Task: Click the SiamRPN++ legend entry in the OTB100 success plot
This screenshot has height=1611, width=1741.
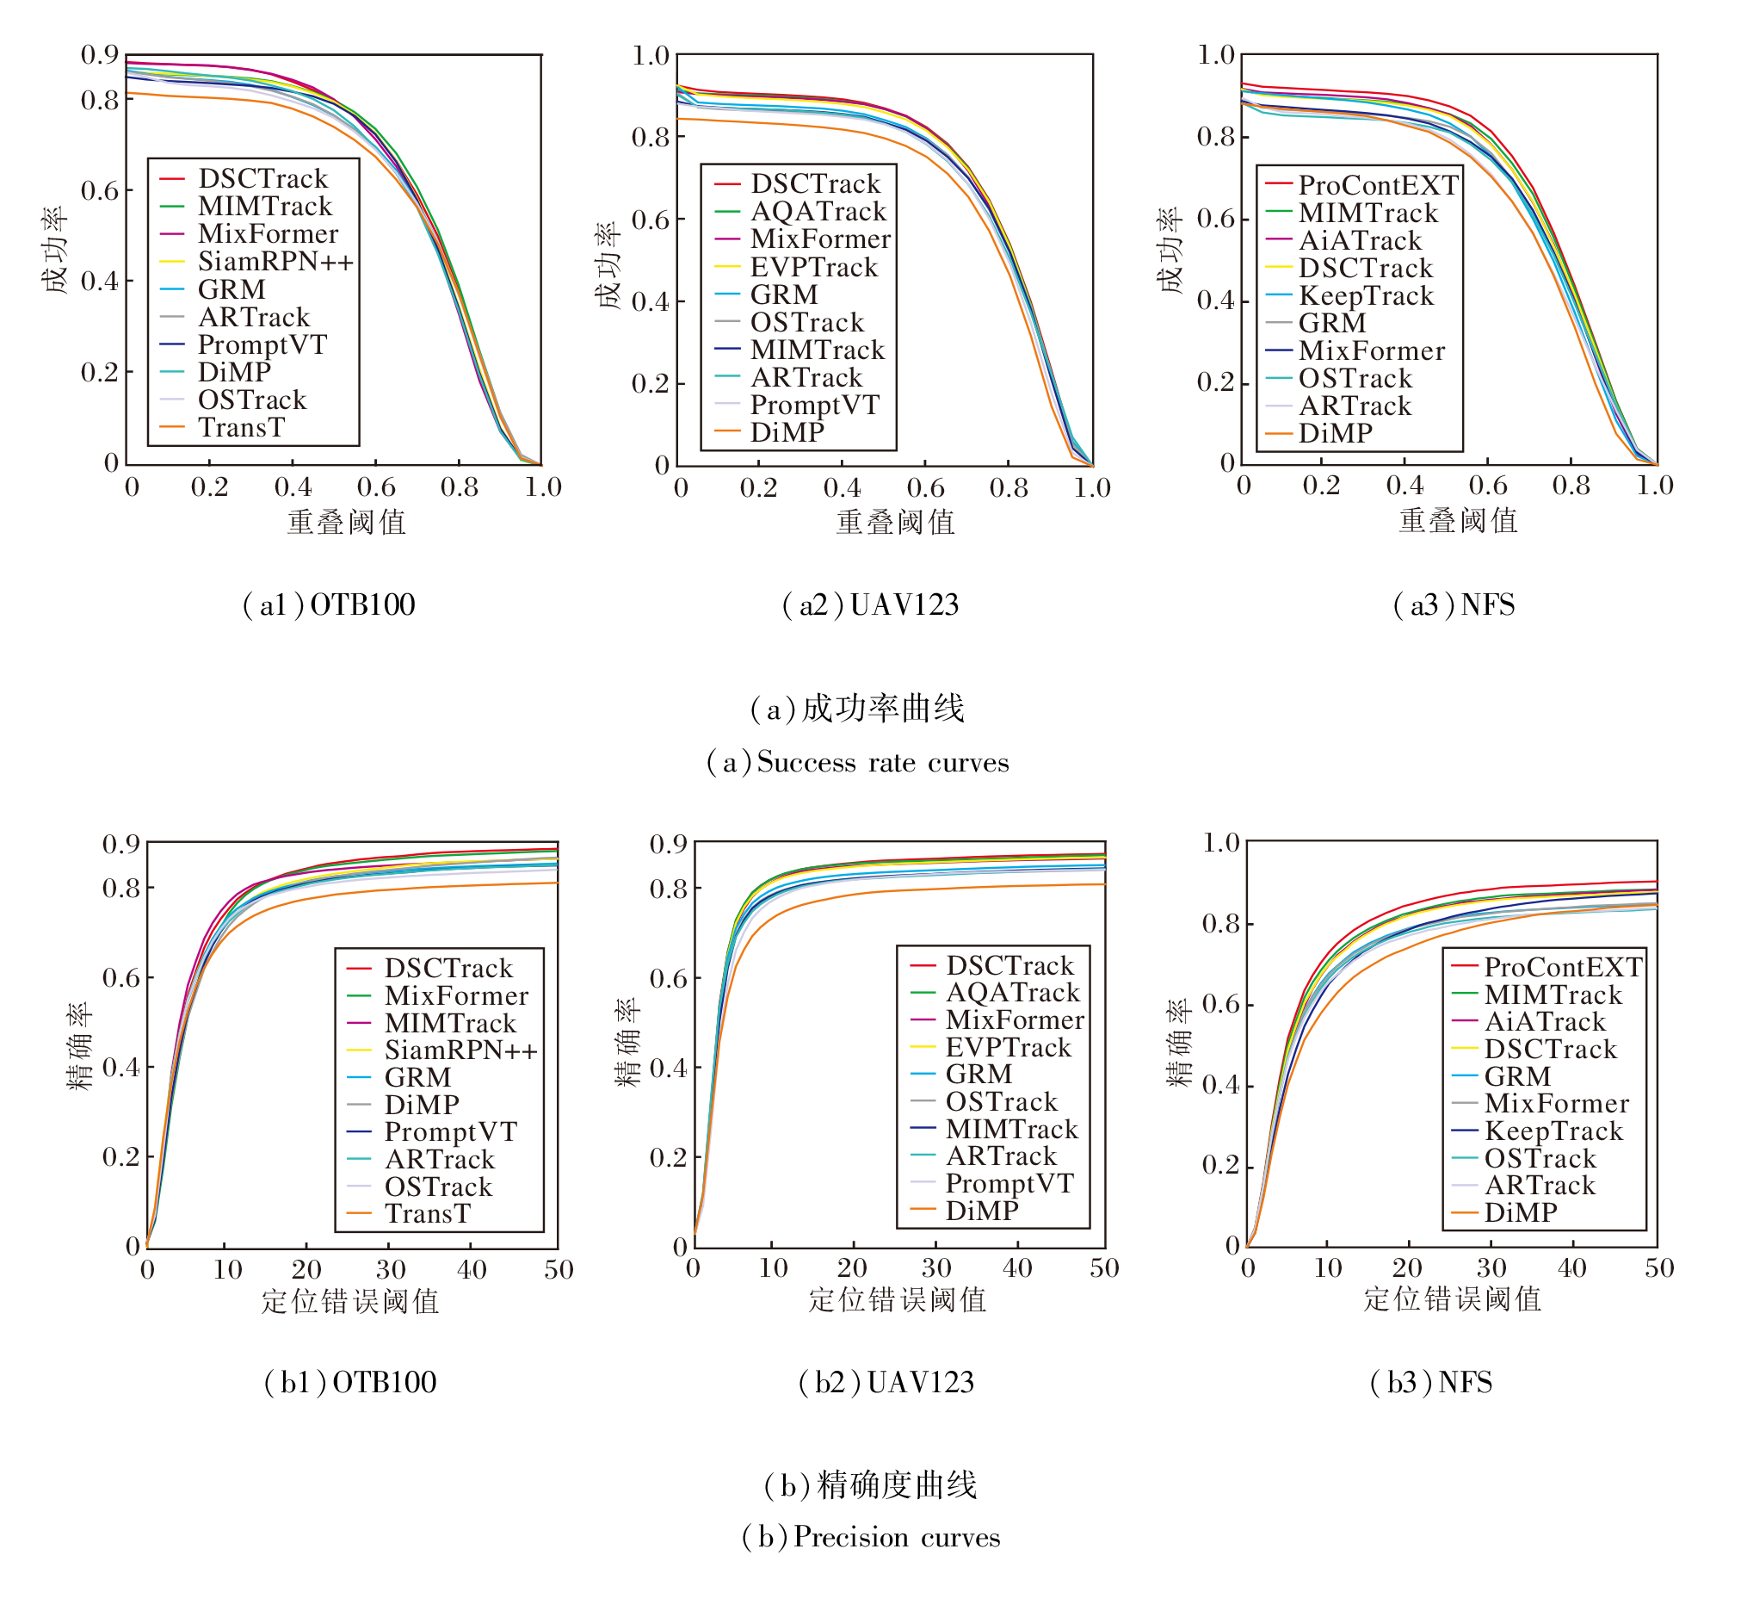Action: (x=275, y=262)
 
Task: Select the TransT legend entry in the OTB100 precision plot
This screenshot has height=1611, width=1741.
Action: (x=427, y=1213)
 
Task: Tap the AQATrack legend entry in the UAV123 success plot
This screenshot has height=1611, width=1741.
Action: (x=818, y=212)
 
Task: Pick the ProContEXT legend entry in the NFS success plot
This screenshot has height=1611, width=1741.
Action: (x=1378, y=186)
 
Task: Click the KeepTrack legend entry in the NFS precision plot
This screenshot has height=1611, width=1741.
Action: (x=1553, y=1131)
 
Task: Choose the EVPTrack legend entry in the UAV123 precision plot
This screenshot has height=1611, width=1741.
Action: (x=1008, y=1048)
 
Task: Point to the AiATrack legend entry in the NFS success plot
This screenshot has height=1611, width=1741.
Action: (x=1360, y=240)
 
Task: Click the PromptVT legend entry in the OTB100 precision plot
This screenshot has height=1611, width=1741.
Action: (x=450, y=1131)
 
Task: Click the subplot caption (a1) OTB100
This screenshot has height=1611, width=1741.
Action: (x=329, y=605)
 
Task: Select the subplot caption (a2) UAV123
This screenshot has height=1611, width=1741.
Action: (x=871, y=605)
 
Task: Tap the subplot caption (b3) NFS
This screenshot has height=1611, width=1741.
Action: (x=1431, y=1383)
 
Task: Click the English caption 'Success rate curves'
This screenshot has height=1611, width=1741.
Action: (x=857, y=763)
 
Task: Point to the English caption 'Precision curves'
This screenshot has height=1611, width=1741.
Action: (x=871, y=1537)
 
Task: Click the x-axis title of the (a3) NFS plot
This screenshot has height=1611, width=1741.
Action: (x=1458, y=520)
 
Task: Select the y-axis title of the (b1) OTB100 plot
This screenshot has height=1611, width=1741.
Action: (x=79, y=1045)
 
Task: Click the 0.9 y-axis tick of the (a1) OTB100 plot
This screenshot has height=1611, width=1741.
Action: (x=100, y=55)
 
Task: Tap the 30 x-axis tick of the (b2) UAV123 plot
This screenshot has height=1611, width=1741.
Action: (x=935, y=1268)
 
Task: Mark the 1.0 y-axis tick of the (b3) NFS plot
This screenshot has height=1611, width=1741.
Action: (x=1221, y=843)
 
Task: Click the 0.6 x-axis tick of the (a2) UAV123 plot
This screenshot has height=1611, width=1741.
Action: (x=924, y=488)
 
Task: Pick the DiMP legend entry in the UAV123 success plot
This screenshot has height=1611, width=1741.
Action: (x=787, y=433)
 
